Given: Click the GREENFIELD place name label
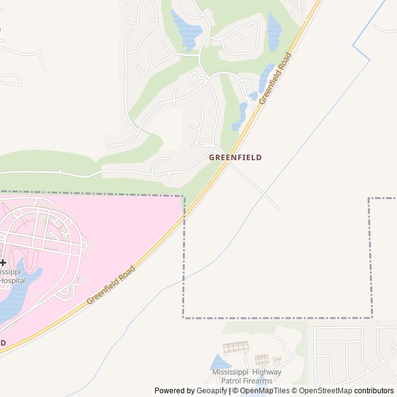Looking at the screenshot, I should [235, 158].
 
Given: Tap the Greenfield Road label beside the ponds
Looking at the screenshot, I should [275, 79].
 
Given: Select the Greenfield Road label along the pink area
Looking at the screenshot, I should [110, 285].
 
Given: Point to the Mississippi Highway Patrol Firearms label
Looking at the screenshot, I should [246, 376].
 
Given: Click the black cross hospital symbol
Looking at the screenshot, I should [2, 263].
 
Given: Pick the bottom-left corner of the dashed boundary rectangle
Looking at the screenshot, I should [184, 318].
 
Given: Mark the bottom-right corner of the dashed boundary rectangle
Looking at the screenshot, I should [372, 318].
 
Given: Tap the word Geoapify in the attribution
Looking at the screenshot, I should [212, 391].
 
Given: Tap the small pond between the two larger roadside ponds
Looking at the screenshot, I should [253, 96].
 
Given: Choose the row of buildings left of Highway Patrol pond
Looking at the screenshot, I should [234, 346].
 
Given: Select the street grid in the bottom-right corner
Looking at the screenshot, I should [347, 354].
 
